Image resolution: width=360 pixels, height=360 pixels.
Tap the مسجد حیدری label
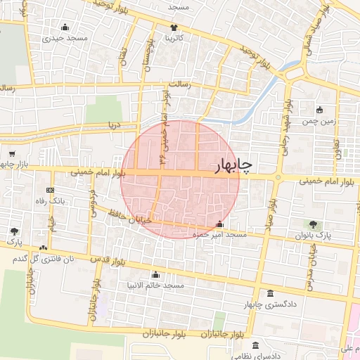(65, 38)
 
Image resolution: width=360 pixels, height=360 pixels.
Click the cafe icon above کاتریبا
(174, 27)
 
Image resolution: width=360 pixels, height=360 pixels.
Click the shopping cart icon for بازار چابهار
(12, 153)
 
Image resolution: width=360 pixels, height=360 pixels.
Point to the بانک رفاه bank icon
(50, 190)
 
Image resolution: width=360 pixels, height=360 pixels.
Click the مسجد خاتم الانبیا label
(156, 285)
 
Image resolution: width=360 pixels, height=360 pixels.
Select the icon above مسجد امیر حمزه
(219, 224)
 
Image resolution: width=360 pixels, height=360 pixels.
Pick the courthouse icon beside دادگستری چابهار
(271, 293)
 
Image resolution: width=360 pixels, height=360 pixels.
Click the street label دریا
(113, 125)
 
